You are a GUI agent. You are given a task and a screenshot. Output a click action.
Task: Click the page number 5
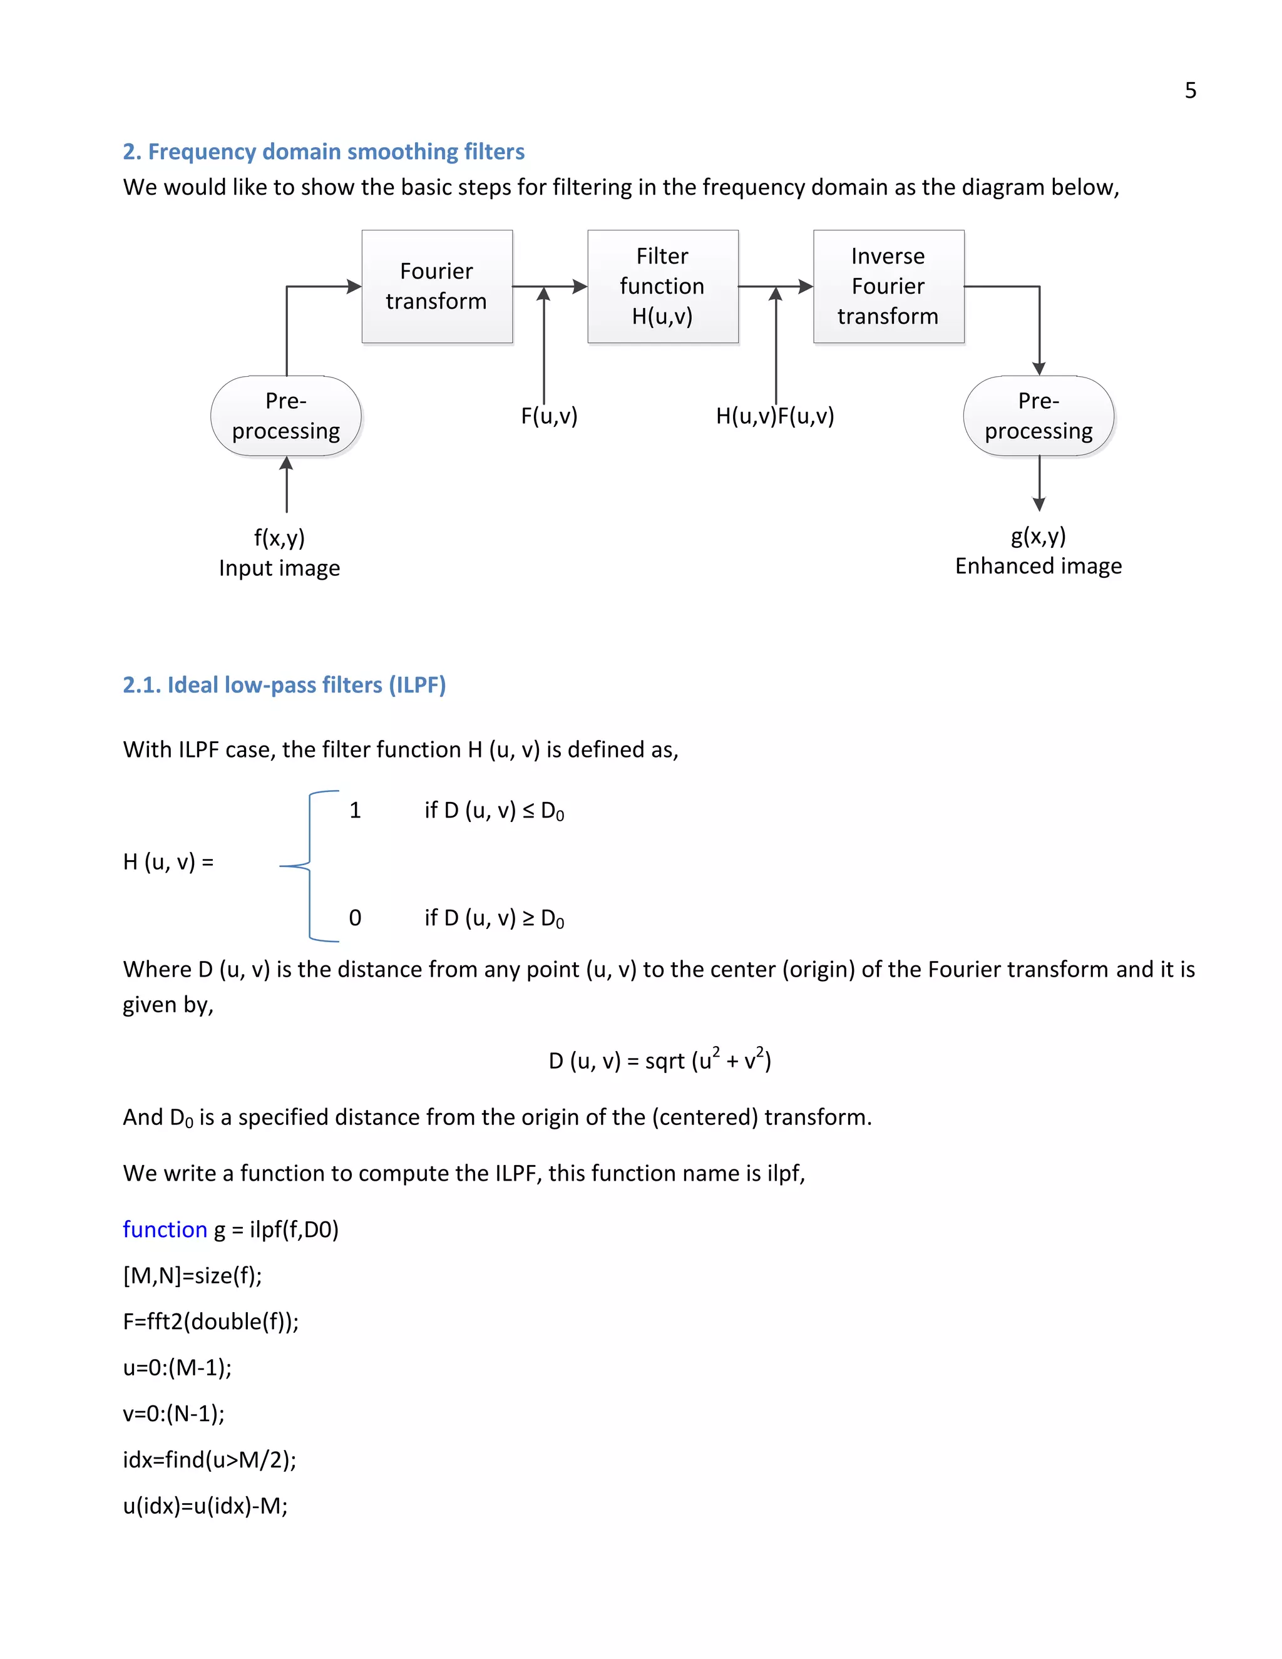(1190, 90)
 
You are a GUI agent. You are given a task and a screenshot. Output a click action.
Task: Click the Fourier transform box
(437, 286)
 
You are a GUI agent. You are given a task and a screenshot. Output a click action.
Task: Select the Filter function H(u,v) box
(662, 286)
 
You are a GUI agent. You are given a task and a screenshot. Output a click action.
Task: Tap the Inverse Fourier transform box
(888, 286)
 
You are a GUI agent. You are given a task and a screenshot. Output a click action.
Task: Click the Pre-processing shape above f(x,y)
(285, 416)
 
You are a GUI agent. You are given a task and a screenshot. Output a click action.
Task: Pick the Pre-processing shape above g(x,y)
(1038, 416)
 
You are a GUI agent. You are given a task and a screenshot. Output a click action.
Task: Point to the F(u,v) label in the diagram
(549, 416)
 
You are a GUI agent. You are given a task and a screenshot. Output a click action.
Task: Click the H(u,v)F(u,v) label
(775, 416)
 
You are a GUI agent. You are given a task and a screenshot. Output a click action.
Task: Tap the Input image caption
(279, 568)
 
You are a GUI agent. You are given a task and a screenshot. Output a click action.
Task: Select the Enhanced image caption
(1038, 566)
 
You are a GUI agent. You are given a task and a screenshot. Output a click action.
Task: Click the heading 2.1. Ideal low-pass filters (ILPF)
(284, 685)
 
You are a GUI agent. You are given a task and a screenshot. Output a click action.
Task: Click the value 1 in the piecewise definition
(355, 811)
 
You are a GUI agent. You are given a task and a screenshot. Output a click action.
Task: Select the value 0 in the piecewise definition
(355, 918)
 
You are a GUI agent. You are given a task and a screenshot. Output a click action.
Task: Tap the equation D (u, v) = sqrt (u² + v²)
(659, 1060)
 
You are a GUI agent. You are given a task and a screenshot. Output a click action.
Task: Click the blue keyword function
(165, 1229)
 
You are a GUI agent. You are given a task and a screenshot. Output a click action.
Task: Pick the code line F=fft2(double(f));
(211, 1322)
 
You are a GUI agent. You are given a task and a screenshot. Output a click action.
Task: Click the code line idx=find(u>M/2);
(210, 1459)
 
